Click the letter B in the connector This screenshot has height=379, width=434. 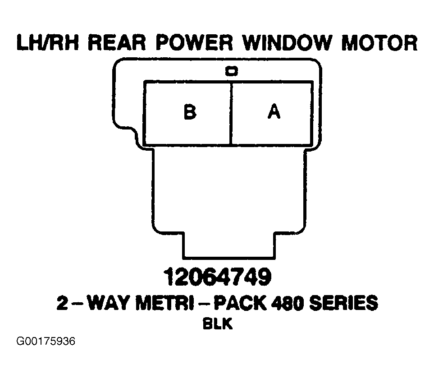pos(190,112)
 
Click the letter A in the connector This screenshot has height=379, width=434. pos(274,111)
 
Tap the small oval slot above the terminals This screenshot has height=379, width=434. pos(231,71)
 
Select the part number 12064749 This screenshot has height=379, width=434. pos(218,277)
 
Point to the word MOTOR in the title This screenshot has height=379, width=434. pos(379,43)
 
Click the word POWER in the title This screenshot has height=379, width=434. pos(194,43)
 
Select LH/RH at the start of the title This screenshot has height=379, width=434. pos(48,43)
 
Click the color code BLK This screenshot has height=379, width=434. pos(218,324)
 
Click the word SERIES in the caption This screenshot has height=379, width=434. pos(343,303)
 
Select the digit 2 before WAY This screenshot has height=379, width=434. pos(62,303)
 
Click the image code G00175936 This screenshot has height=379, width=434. pos(46,341)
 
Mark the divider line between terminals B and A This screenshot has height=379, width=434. pos(231,114)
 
